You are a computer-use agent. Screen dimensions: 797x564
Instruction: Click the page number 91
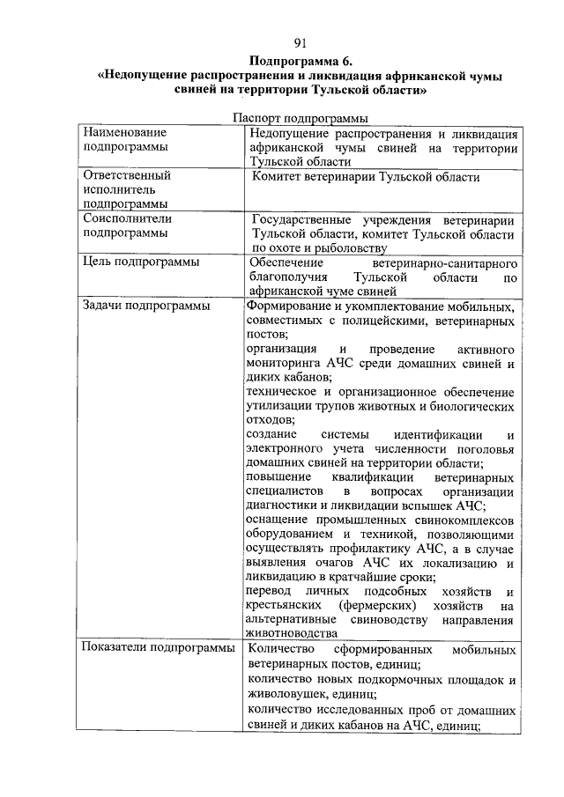(300, 42)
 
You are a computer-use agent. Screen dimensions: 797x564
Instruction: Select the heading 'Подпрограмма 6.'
(300, 62)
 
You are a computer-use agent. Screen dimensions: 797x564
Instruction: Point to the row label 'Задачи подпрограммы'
(145, 306)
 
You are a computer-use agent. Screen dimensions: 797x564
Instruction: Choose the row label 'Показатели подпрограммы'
(158, 649)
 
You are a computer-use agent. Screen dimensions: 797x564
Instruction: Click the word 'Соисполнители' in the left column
(128, 218)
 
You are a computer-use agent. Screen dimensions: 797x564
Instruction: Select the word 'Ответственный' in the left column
(127, 175)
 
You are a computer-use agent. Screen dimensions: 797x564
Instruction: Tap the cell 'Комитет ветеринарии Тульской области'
(366, 177)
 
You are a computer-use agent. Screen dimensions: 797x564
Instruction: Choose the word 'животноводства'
(292, 633)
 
